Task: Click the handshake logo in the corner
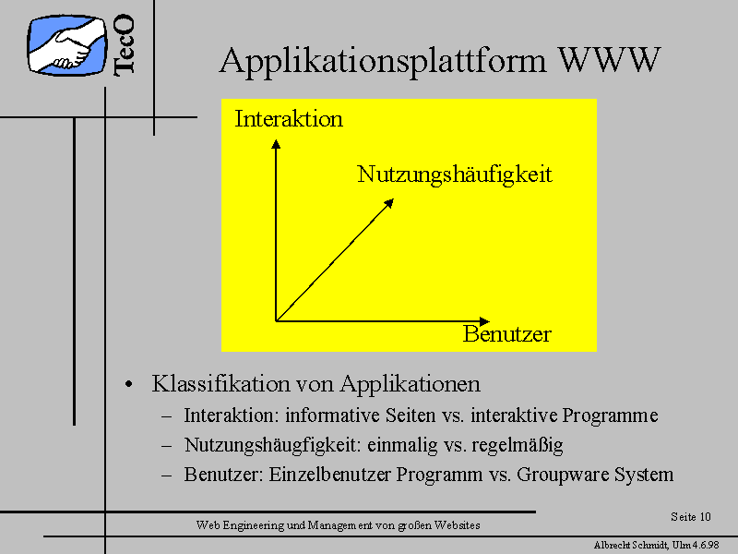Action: [x=66, y=45]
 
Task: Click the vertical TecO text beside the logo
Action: [x=125, y=44]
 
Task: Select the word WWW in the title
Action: [x=609, y=60]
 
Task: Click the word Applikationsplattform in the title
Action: [x=383, y=62]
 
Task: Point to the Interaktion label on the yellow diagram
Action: [x=289, y=118]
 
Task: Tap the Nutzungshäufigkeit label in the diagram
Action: [x=454, y=175]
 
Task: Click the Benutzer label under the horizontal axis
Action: [x=506, y=334]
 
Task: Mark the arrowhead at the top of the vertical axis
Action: [x=276, y=143]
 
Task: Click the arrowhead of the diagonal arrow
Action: [x=389, y=202]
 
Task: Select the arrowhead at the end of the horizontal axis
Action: [x=485, y=321]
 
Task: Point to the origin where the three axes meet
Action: [x=276, y=321]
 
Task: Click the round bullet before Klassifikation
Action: [x=128, y=384]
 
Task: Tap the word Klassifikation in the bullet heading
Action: [x=220, y=383]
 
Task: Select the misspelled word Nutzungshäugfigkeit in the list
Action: [x=272, y=445]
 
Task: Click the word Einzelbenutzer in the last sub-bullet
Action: [x=329, y=475]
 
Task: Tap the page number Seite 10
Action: [x=690, y=517]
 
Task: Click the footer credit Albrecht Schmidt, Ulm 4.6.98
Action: [x=657, y=545]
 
